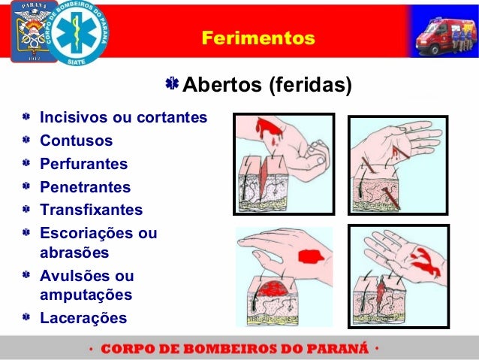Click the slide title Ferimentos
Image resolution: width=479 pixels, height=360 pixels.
pos(258,37)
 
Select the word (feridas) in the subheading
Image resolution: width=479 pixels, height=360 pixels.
pos(309,86)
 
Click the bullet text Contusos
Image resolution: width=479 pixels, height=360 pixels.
pos(76,141)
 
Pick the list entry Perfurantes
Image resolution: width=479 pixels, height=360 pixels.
pos(83,164)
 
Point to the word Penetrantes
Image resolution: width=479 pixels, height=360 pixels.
pos(85,187)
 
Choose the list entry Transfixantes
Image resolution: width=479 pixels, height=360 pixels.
pos(91,210)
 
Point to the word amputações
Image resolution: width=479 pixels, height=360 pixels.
pos(86,295)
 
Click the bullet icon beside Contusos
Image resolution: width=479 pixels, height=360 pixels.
pos(26,141)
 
